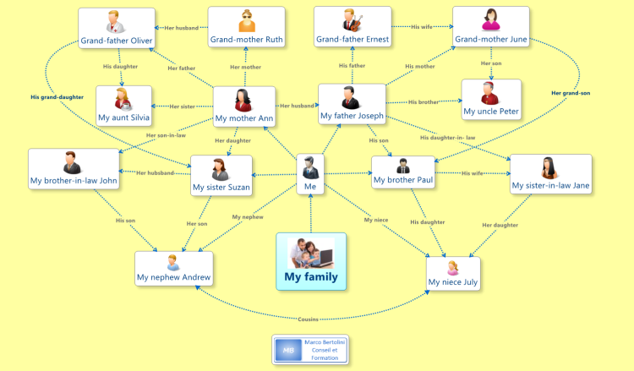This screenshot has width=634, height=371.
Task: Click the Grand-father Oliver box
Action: [x=117, y=28]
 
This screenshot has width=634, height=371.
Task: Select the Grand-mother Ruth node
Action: [x=246, y=27]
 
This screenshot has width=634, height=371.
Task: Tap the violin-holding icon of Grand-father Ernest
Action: [x=353, y=21]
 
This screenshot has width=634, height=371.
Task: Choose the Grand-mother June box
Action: [x=491, y=27]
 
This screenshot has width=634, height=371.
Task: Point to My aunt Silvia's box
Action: [x=123, y=106]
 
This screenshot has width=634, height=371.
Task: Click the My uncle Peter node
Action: [x=491, y=100]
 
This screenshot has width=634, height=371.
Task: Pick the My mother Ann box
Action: [x=244, y=106]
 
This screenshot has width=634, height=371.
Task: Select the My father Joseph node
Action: [x=353, y=104]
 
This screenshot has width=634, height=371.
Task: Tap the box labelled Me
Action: [x=310, y=174]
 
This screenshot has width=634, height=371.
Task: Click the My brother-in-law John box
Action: [x=74, y=169]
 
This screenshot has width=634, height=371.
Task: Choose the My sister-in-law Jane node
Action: [x=550, y=174]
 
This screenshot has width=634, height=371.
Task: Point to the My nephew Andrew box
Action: [x=174, y=269]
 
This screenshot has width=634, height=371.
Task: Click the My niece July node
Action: [x=453, y=274]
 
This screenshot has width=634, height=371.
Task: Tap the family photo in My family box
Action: [x=310, y=254]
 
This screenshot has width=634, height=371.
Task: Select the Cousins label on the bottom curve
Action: [x=308, y=319]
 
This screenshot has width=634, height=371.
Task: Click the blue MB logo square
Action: [x=288, y=350]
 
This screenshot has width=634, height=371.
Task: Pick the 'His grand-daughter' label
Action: [x=57, y=97]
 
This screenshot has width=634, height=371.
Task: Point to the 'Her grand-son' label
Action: [x=571, y=93]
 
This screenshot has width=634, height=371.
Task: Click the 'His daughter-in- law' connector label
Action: [x=447, y=138]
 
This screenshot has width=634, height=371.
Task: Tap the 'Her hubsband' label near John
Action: [x=156, y=173]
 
